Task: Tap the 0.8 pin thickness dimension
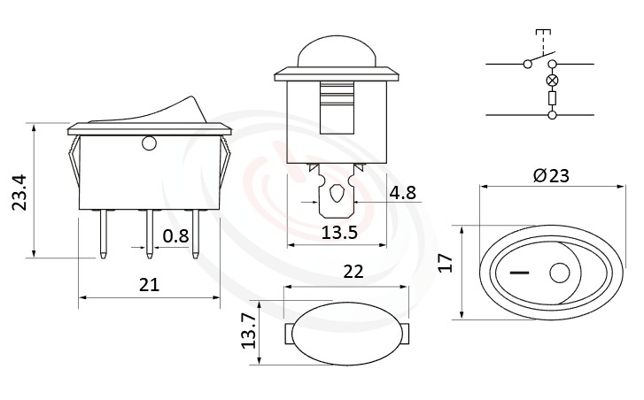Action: point(175,236)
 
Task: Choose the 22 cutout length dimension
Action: point(353,273)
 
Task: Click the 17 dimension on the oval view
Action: point(446,263)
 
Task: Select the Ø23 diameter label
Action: point(551,174)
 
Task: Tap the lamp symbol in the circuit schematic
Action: point(551,81)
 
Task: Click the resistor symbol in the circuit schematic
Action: point(551,99)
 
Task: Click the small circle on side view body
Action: point(148,142)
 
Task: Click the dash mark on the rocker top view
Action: point(515,273)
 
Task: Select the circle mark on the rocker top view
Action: point(559,274)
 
